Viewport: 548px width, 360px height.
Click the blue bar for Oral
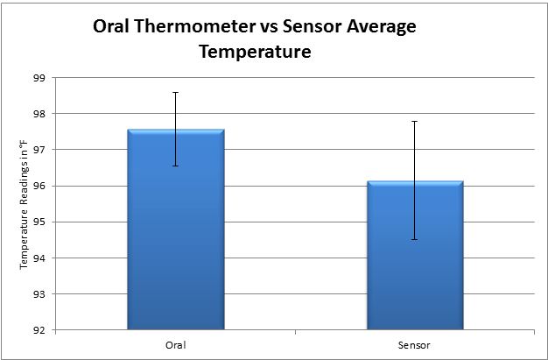(175, 229)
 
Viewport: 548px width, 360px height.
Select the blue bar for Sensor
(414, 255)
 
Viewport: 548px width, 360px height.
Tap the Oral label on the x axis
(175, 344)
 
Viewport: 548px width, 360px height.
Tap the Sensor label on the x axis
(415, 344)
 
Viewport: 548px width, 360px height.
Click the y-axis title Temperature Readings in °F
(25, 204)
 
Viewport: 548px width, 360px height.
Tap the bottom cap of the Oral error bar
(175, 166)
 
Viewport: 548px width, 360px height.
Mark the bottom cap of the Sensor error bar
(414, 239)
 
